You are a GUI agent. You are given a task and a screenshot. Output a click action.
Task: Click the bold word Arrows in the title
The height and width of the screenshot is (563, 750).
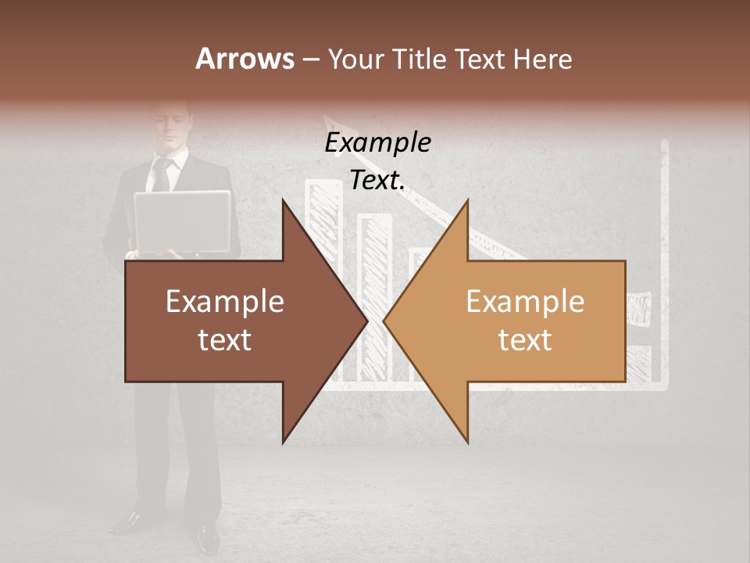[245, 59]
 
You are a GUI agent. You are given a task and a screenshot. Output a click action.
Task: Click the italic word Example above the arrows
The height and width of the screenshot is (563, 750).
[377, 142]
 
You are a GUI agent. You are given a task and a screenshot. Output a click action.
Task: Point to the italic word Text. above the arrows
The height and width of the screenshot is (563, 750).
[377, 180]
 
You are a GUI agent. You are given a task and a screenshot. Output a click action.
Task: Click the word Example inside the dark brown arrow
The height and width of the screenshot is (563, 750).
[224, 302]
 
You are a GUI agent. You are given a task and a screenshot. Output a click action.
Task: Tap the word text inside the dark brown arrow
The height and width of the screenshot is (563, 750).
[224, 340]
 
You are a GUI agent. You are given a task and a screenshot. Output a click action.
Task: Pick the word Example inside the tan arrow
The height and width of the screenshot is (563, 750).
[525, 302]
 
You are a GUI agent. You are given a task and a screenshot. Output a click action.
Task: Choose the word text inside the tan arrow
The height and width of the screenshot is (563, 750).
[525, 340]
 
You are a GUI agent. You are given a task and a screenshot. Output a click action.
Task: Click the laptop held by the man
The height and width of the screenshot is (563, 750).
[182, 221]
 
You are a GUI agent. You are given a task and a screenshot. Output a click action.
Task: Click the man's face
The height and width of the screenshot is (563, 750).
[170, 125]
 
